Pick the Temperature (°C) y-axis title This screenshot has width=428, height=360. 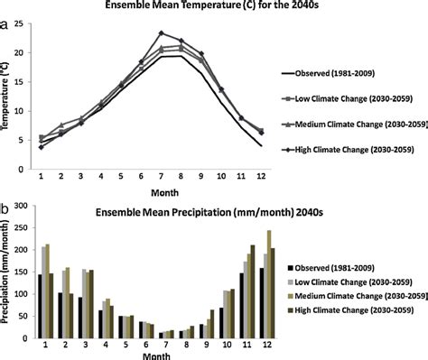pos(9,92)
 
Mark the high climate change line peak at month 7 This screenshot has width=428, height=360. pos(161,33)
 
